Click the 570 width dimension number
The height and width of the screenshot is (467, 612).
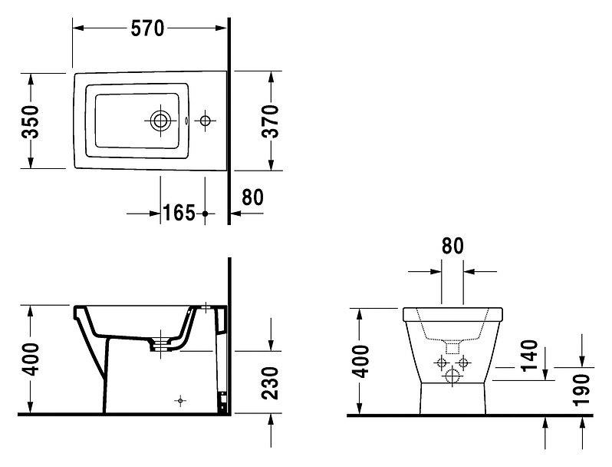tap(147, 28)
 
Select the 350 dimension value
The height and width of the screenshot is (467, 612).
tap(30, 121)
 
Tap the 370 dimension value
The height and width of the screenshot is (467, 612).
tap(270, 121)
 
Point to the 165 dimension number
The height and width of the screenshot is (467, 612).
tap(179, 213)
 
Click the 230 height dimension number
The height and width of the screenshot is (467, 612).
tap(270, 383)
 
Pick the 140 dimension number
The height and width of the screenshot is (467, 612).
tap(529, 356)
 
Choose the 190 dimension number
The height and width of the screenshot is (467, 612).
tap(581, 390)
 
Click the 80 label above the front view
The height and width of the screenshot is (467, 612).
tap(452, 246)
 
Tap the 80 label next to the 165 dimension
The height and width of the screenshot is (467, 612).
tap(252, 197)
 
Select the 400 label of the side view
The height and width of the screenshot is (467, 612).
tap(30, 359)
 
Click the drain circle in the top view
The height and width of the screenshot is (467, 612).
tap(160, 121)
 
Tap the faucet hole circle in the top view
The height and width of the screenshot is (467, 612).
tap(205, 121)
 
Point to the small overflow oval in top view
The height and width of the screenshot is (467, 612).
tap(186, 121)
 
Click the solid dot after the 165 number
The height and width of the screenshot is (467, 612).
tap(206, 214)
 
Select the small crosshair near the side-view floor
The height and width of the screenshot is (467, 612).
tap(180, 401)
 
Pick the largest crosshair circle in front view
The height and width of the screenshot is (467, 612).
tap(452, 376)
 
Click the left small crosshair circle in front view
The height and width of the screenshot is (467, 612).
tap(442, 363)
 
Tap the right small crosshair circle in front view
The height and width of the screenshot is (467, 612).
tap(463, 363)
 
